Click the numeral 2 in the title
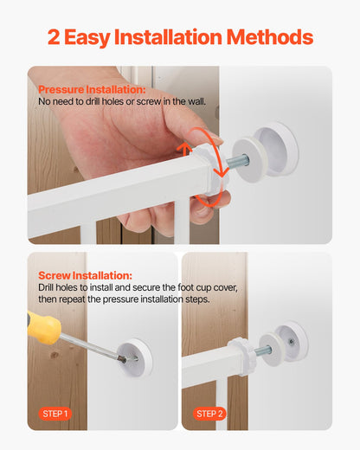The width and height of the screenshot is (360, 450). point(55,37)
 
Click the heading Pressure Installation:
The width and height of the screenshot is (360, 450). point(92,89)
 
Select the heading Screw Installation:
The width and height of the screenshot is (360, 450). point(85,275)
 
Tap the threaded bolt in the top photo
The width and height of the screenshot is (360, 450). point(237,162)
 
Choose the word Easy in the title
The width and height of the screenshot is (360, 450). point(96,37)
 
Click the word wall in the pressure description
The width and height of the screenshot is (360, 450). point(196,101)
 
